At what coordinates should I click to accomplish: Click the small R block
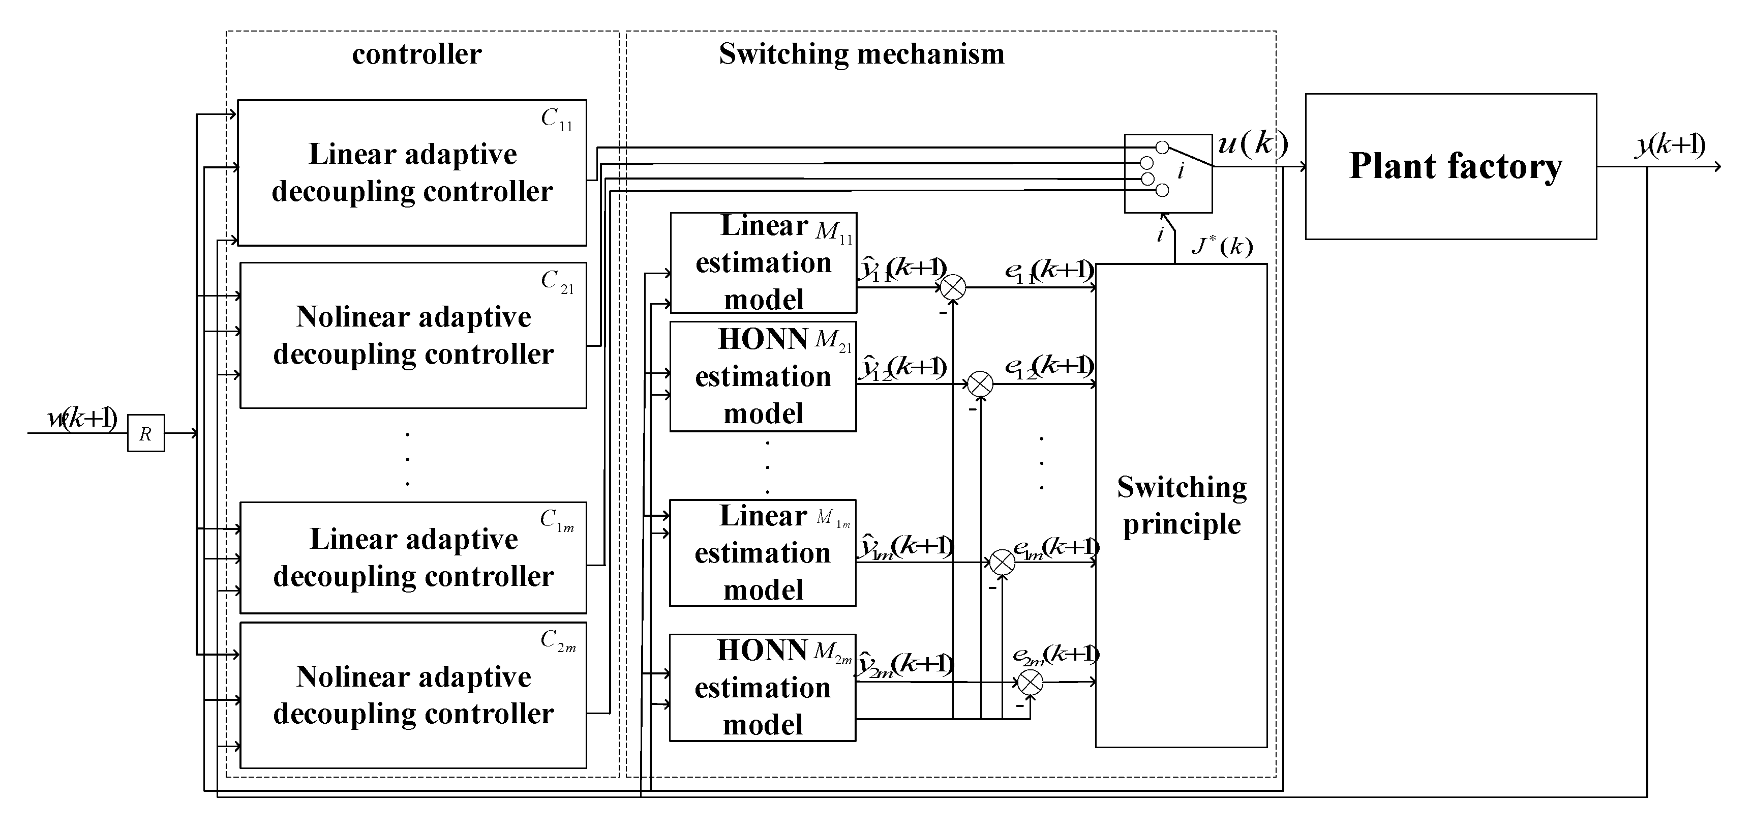[145, 433]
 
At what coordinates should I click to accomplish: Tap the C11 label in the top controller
[557, 120]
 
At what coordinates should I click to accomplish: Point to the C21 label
[557, 281]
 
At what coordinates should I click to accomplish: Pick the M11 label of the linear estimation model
[834, 232]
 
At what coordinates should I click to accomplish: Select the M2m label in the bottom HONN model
[832, 653]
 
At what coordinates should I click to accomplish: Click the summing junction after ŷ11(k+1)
[953, 287]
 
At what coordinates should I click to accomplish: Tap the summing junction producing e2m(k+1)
[1030, 682]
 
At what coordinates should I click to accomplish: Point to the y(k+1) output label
[1670, 145]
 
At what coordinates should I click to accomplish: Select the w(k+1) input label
[82, 418]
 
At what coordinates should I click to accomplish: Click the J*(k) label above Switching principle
[1222, 245]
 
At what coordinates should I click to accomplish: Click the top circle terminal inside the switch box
[1162, 147]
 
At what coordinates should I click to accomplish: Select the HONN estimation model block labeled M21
[762, 376]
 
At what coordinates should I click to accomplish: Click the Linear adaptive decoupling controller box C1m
[413, 557]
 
